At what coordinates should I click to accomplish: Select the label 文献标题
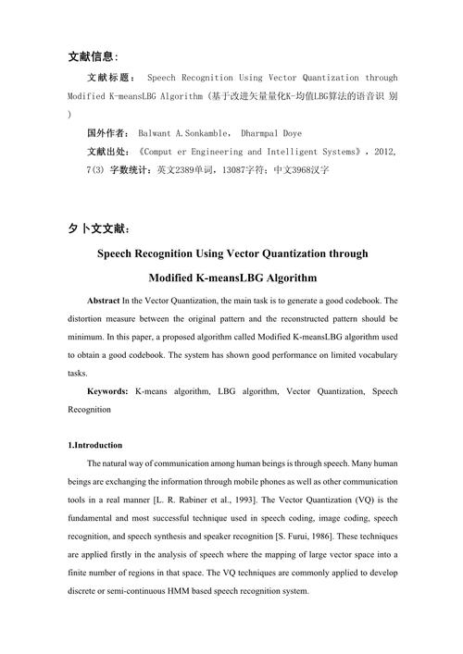tap(110, 79)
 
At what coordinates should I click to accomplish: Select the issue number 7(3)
tap(79, 171)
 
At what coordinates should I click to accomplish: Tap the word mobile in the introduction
tap(242, 481)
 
